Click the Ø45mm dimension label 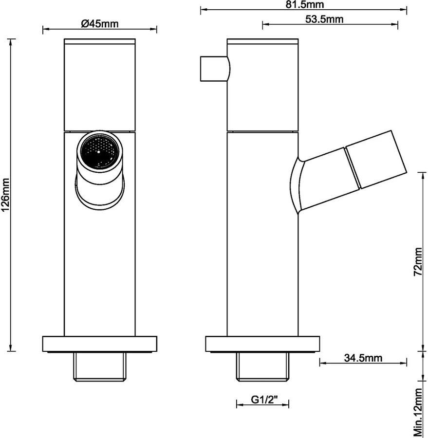click(x=100, y=23)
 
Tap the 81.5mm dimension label click(x=305, y=4)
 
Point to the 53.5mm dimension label click(x=324, y=19)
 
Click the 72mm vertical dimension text click(x=418, y=262)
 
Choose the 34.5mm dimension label click(x=363, y=358)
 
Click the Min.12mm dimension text click(x=418, y=412)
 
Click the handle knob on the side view click(x=215, y=69)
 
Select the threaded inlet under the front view click(x=99, y=366)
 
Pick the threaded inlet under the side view click(x=262, y=366)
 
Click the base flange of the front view click(x=99, y=344)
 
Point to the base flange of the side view click(x=262, y=344)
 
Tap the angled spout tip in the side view click(x=376, y=160)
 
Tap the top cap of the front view click(x=100, y=41)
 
